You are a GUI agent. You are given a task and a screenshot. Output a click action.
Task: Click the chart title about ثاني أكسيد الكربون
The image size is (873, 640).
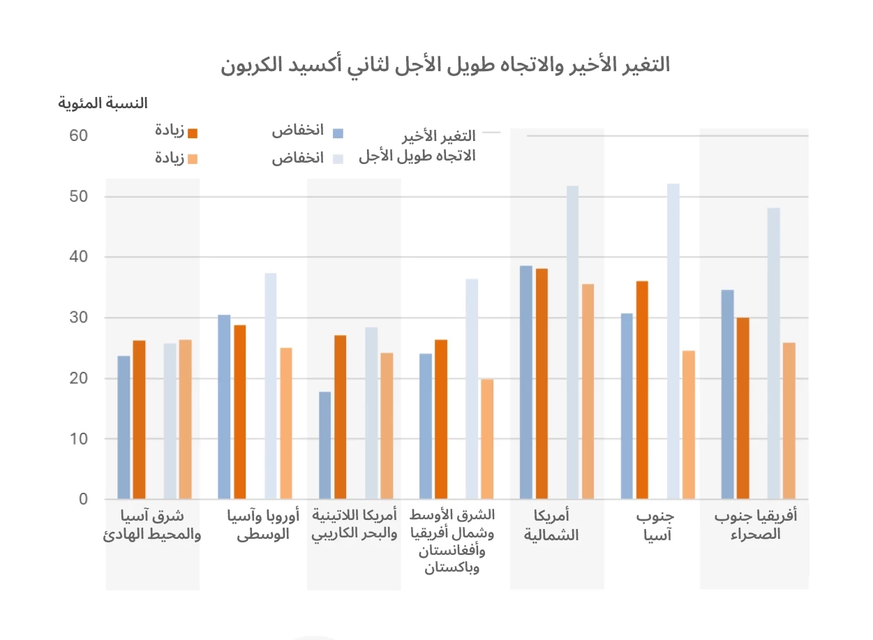pos(445,66)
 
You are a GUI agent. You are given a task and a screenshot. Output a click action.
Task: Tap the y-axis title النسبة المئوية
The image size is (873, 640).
pos(103,103)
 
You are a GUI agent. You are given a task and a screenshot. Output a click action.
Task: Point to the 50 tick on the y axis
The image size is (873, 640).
pos(78,197)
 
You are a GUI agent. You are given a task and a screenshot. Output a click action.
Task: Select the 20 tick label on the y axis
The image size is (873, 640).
pos(78,378)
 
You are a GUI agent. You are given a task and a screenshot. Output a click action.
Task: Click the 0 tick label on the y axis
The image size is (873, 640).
pos(83,499)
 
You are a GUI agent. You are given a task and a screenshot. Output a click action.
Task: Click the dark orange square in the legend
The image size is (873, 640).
pos(194,133)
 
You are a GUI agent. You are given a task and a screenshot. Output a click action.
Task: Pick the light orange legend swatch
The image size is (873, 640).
pos(194,159)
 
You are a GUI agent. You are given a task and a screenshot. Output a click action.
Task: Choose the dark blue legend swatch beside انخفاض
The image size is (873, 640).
pos(338,133)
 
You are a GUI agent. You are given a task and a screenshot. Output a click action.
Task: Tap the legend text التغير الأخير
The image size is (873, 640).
pos(440,135)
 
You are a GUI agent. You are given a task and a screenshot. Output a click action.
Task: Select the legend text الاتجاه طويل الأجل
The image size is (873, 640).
pos(417,156)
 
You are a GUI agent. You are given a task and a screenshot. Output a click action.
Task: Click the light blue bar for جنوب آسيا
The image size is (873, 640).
pos(673,342)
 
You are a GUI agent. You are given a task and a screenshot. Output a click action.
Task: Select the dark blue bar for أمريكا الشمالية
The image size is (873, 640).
pos(526,382)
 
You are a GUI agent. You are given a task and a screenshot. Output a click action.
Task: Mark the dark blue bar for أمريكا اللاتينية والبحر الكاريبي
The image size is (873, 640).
pos(324,445)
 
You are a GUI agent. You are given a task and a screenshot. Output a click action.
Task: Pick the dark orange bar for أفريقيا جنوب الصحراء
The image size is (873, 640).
pos(743,408)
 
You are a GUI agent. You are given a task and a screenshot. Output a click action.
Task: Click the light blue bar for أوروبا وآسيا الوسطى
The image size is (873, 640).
pos(270,386)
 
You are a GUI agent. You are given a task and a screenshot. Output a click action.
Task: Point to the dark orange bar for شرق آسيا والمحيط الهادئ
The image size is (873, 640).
pos(140,419)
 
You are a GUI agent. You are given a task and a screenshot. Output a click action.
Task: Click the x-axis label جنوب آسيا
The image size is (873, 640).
pos(655,527)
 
